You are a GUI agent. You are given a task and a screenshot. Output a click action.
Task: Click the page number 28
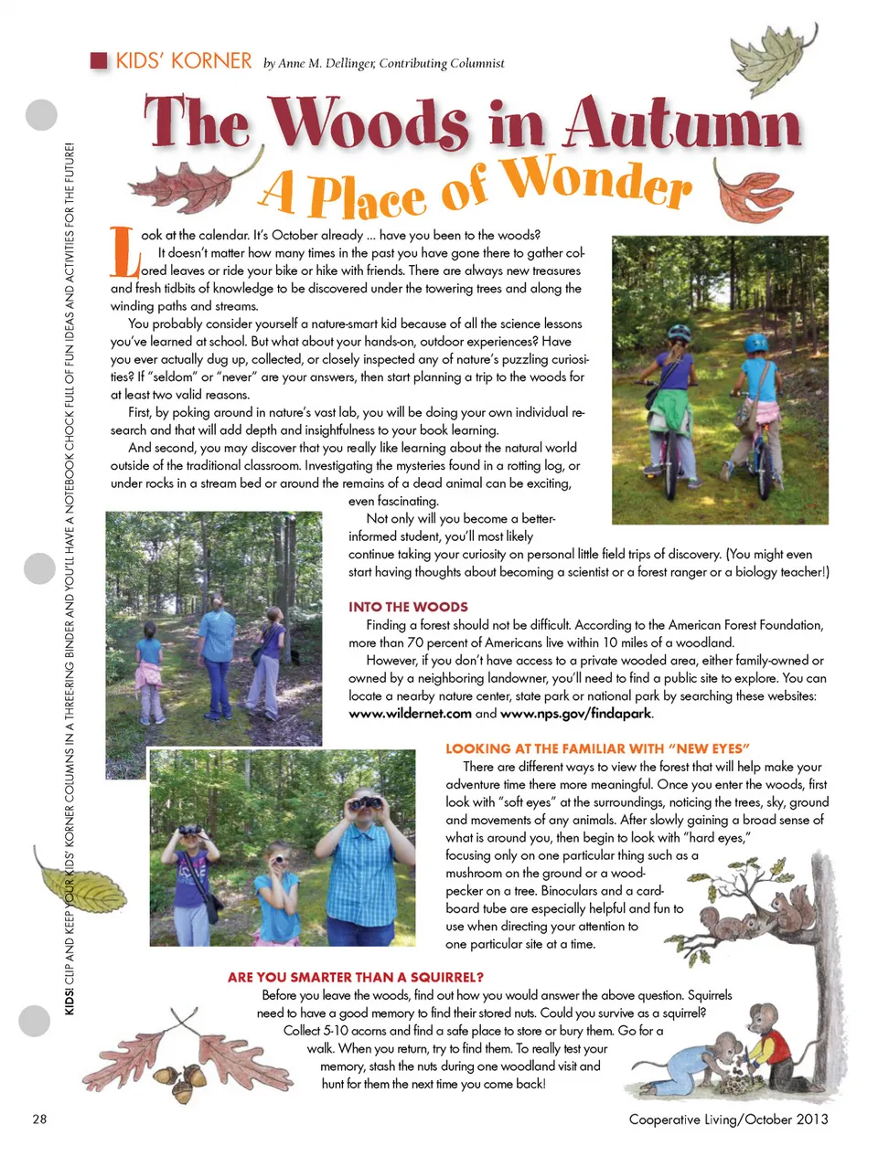pos(39,1119)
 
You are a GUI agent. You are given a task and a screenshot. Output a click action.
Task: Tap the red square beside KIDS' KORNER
pos(99,61)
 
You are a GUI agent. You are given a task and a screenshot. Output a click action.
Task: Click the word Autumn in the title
pos(681,123)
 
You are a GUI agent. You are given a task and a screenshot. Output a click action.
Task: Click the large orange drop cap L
pos(124,252)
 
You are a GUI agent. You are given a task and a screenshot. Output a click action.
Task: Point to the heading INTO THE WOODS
pos(408,607)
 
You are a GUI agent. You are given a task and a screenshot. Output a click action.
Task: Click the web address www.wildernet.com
pos(410,714)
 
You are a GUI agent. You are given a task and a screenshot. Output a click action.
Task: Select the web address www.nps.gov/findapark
pos(576,714)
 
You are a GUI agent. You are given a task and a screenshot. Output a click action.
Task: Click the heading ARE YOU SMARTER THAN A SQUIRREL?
pos(356,977)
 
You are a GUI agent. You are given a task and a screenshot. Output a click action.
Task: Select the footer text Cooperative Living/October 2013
pos(728,1119)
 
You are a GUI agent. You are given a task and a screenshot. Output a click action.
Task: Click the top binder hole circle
pos(40,115)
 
